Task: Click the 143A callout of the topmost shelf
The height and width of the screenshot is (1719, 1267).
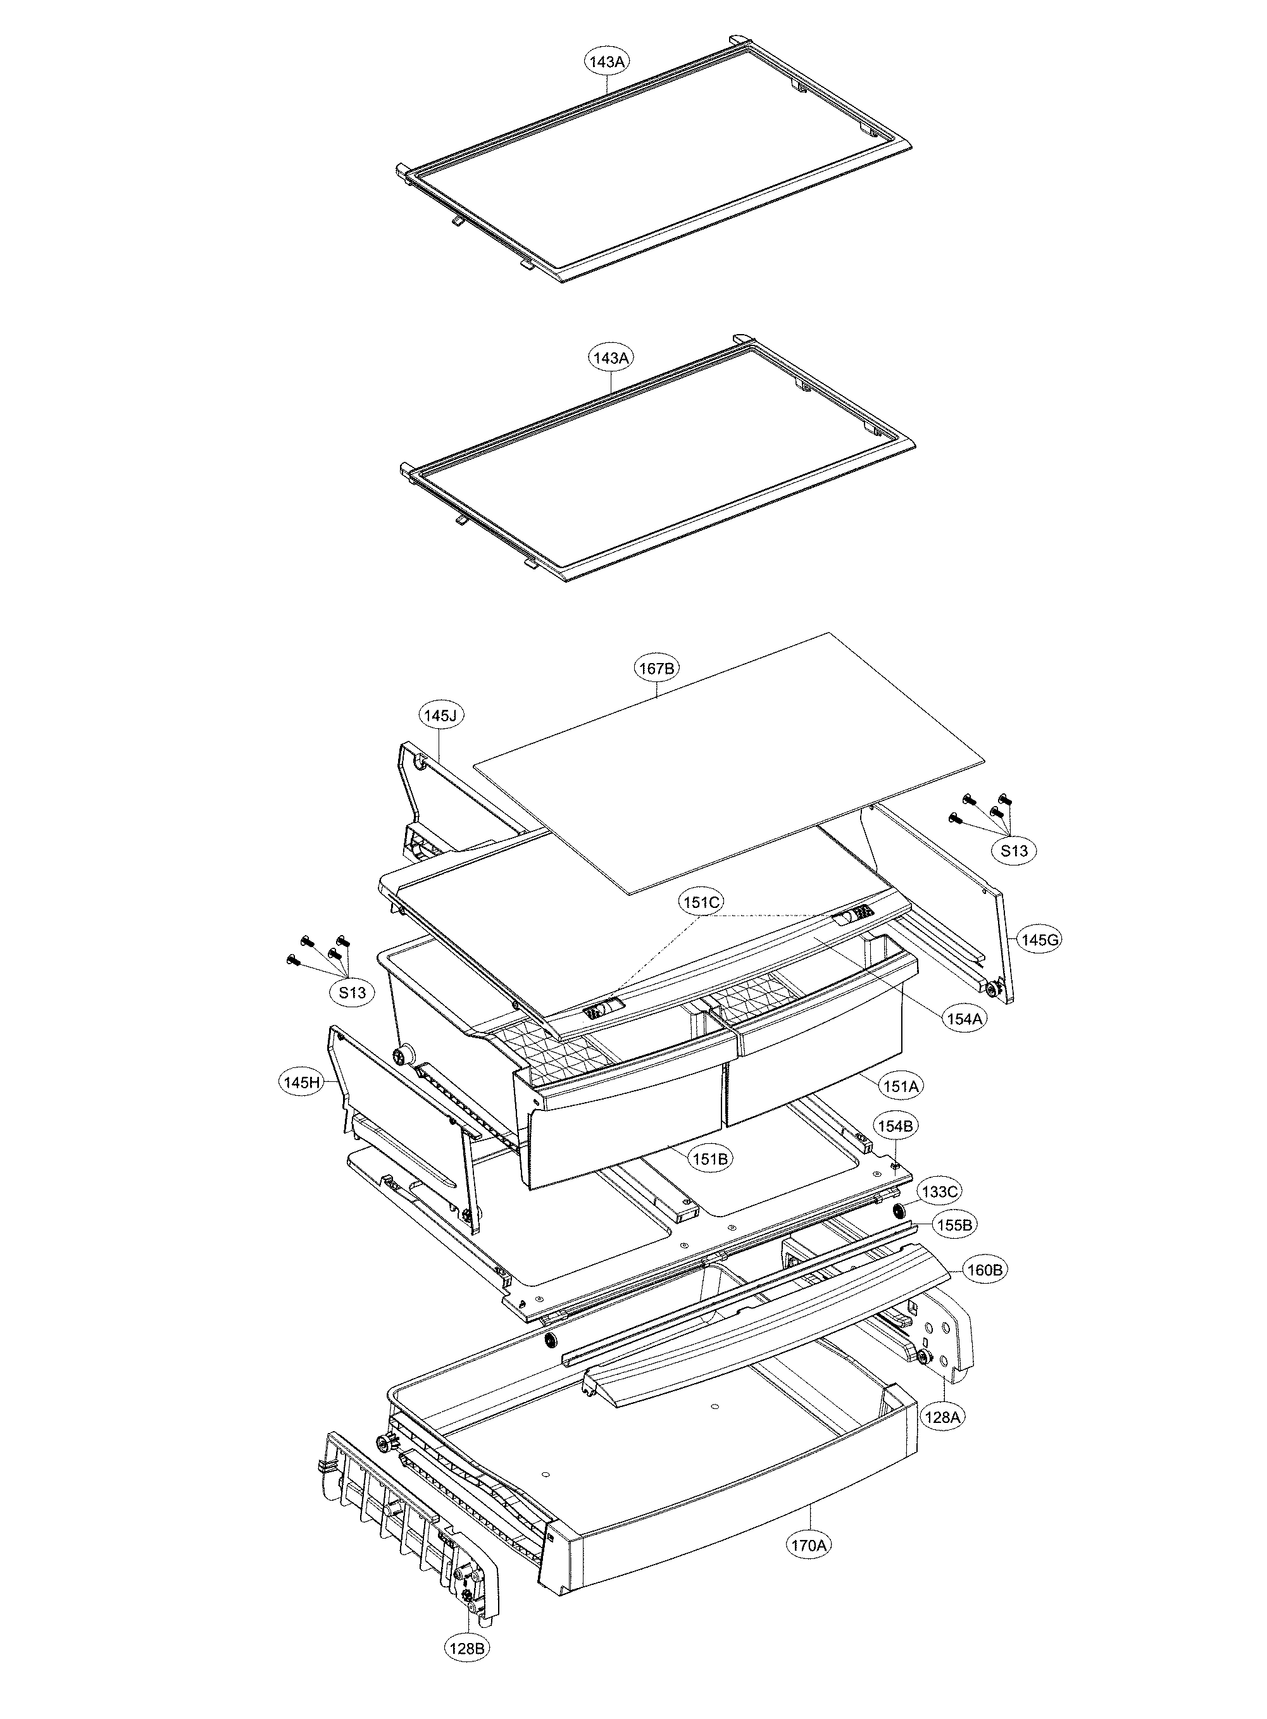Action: click(607, 61)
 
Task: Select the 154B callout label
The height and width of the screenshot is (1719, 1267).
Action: click(895, 1126)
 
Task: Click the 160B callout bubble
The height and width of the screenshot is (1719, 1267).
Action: click(985, 1270)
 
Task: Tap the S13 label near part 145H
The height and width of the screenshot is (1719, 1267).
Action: click(353, 992)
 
